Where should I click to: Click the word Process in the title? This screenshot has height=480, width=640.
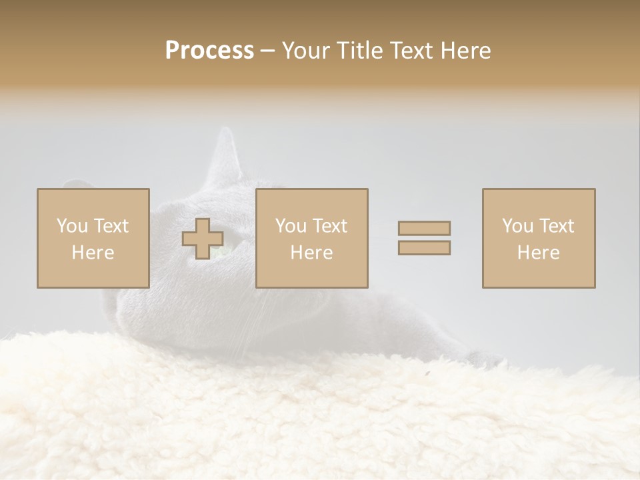(x=209, y=51)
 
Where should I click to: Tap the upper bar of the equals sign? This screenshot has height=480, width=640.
(x=424, y=228)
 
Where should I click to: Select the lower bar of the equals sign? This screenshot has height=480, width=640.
(x=424, y=248)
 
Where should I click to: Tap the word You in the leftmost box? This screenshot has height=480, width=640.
(x=72, y=226)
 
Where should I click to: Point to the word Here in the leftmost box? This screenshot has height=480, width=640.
(x=93, y=253)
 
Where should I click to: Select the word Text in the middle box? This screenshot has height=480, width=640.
(x=329, y=226)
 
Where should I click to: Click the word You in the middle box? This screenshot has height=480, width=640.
(x=291, y=226)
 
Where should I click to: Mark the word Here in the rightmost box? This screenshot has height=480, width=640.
(x=538, y=253)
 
